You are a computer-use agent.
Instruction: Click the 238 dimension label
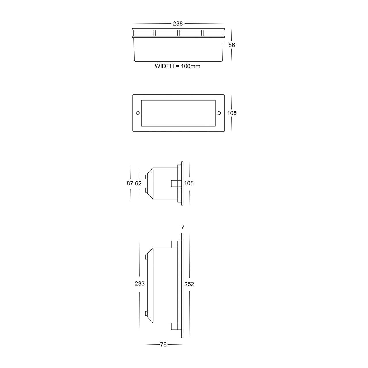click(x=178, y=24)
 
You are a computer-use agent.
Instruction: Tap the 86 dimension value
click(x=231, y=45)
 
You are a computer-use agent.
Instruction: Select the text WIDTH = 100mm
click(x=177, y=66)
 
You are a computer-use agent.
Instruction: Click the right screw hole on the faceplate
click(x=218, y=113)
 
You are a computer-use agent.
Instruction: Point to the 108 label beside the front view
click(x=232, y=113)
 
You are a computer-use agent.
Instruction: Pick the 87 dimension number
click(x=130, y=183)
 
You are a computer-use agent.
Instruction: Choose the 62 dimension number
click(x=138, y=183)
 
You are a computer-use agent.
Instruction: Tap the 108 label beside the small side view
click(x=189, y=183)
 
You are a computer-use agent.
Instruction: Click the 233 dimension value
click(x=139, y=284)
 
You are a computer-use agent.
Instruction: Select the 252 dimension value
click(x=189, y=284)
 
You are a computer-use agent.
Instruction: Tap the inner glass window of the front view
click(x=178, y=113)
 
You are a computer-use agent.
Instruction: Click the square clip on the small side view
click(x=174, y=183)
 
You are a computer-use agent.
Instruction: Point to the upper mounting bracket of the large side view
click(x=175, y=244)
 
